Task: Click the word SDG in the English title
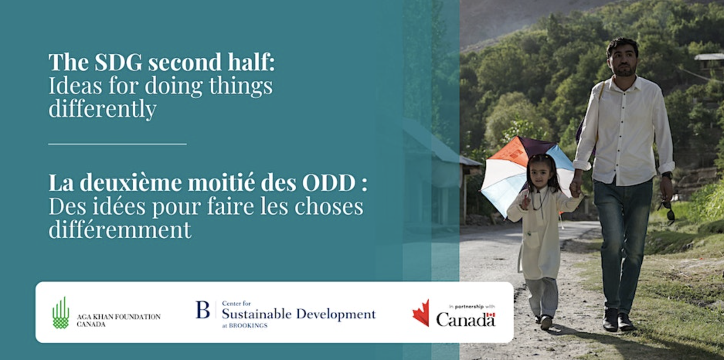pos(119,62)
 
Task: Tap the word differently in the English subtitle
pos(102,109)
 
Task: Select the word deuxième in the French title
pos(131,182)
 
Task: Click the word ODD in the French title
pos(329,183)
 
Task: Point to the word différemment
pos(120,229)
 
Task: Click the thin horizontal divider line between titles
pos(117,144)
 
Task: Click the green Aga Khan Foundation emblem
pos(61,312)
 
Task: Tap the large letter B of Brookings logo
pos(203,310)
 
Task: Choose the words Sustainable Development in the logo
pos(299,314)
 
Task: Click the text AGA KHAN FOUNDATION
pos(119,317)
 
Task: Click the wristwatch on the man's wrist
pos(667,175)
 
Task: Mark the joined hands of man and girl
pos(575,188)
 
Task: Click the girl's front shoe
pos(546,322)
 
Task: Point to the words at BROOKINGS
pos(245,326)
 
